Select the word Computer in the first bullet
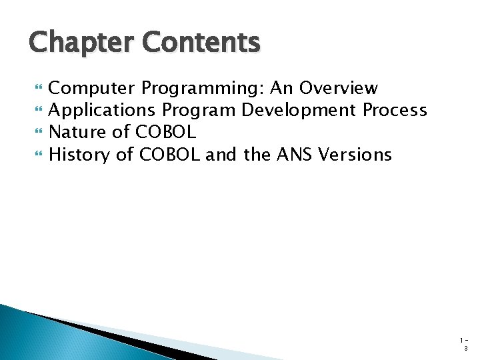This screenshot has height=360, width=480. click(x=93, y=88)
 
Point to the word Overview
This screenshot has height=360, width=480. click(x=339, y=88)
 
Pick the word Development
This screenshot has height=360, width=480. click(x=299, y=110)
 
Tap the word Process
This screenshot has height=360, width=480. click(x=395, y=110)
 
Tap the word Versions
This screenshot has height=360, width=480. click(x=355, y=155)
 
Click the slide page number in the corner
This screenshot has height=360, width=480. click(x=465, y=344)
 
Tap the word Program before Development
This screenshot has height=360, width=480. click(x=205, y=111)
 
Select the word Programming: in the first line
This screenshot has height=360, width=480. click(x=203, y=89)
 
